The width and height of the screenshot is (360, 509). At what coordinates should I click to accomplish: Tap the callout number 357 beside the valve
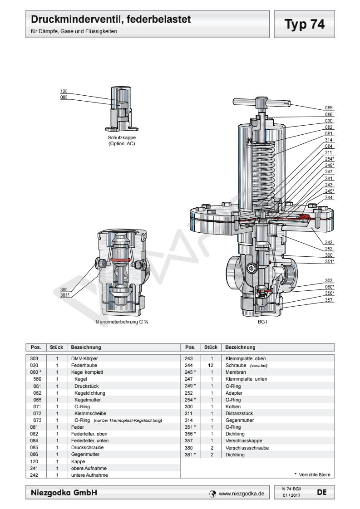tap(329, 300)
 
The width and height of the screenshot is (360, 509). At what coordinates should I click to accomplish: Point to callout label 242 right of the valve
tap(329, 243)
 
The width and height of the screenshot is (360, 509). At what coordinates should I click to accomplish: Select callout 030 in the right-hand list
tap(329, 121)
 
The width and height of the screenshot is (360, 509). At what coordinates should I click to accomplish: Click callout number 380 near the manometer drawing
tap(64, 289)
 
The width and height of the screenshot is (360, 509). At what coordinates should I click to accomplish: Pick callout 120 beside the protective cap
tap(64, 92)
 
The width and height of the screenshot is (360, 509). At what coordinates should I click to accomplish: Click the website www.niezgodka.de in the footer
tap(240, 491)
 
